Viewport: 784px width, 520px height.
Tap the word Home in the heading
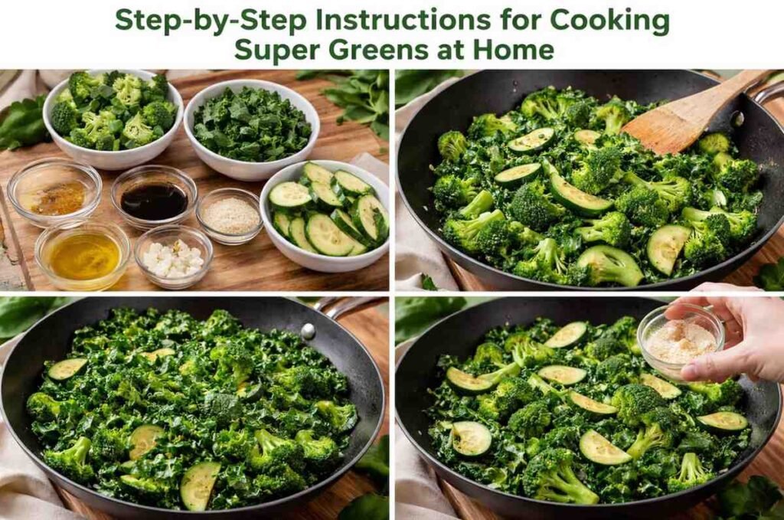(x=516, y=50)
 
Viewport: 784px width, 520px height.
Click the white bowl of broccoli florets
(x=113, y=119)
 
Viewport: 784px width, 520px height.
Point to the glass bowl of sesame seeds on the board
(x=230, y=215)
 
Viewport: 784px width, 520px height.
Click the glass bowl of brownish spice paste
(x=54, y=192)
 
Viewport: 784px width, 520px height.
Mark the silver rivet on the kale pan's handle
(x=308, y=331)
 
